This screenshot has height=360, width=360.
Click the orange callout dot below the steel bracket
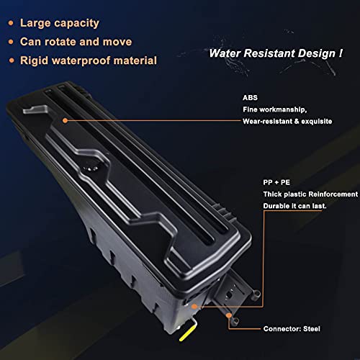229,315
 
